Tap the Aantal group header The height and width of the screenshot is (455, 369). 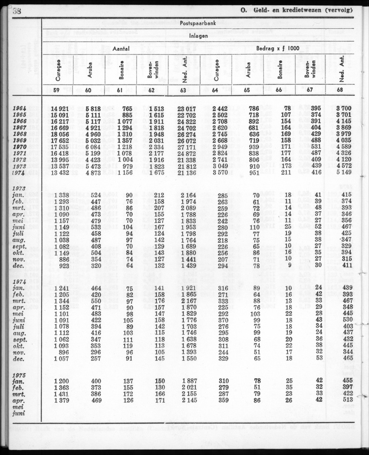click(x=121, y=49)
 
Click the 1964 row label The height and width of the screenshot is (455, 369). click(x=20, y=108)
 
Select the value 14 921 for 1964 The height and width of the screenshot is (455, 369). click(x=60, y=108)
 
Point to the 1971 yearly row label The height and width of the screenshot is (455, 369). click(x=20, y=154)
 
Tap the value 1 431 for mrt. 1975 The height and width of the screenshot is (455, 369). click(x=62, y=394)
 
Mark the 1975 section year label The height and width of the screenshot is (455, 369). click(x=19, y=375)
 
